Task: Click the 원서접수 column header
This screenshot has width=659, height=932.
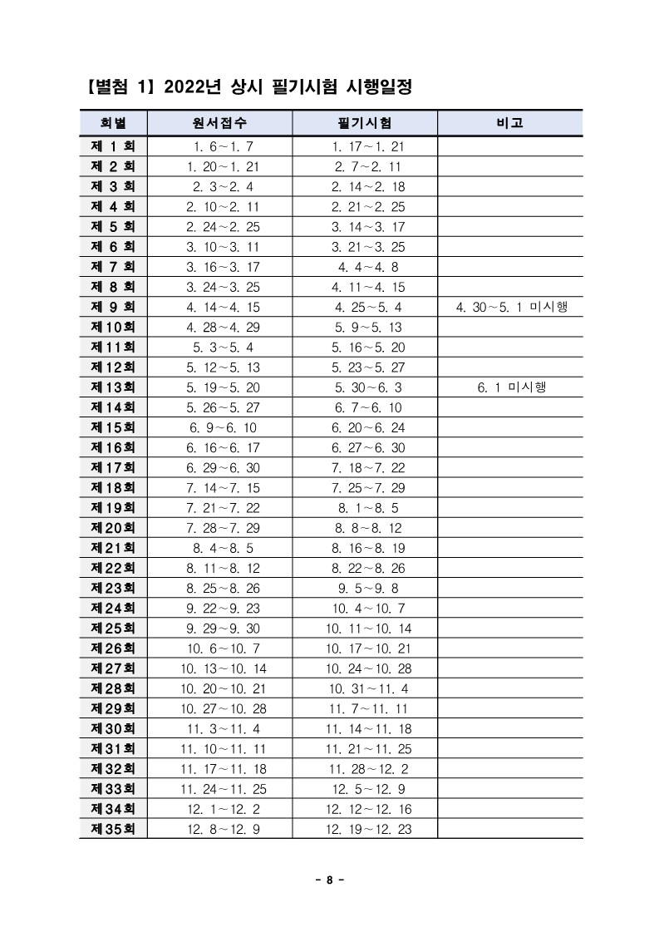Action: point(219,123)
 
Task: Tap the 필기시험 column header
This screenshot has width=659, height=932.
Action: point(366,123)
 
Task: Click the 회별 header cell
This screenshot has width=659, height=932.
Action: point(113,123)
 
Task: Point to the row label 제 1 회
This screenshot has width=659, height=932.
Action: point(113,146)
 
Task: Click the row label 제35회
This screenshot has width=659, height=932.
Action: point(113,829)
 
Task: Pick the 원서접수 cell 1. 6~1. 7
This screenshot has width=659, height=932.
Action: point(219,146)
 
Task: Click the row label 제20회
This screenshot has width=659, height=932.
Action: point(113,528)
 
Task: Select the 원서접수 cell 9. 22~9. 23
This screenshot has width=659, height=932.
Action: point(219,608)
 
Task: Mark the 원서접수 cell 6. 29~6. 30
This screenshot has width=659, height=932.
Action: point(219,467)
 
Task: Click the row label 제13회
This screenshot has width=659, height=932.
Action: point(113,387)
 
